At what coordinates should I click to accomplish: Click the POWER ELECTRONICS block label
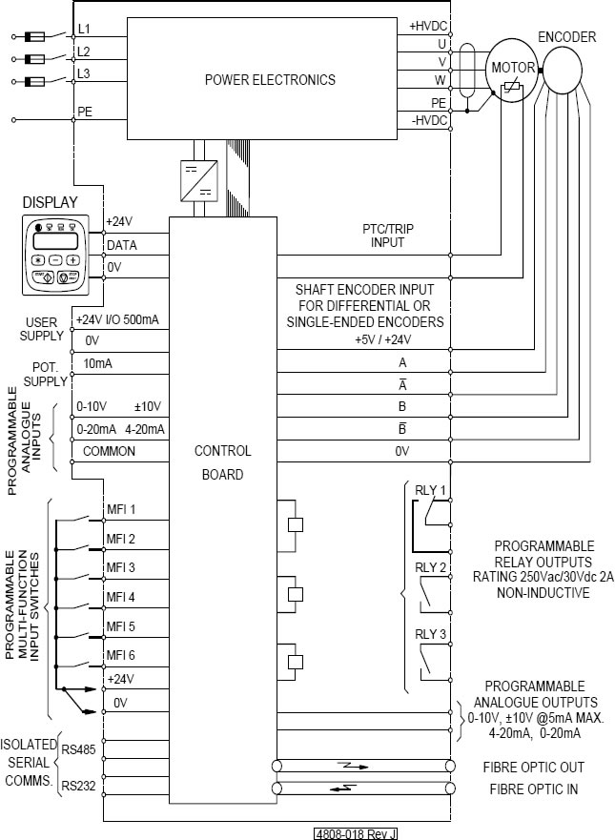point(270,80)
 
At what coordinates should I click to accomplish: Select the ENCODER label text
point(566,37)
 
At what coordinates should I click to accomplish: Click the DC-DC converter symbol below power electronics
point(198,180)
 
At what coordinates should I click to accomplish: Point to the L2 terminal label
point(84,51)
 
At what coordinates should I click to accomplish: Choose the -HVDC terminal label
point(429,120)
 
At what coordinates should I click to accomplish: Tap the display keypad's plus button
point(72,260)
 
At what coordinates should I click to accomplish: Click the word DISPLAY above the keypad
point(51,202)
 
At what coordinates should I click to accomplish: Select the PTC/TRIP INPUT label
point(388,236)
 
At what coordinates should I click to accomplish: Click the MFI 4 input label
point(120,597)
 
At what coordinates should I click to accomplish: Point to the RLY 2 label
point(430,567)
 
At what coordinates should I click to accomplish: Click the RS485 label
point(79,748)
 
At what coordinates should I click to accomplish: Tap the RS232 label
point(79,786)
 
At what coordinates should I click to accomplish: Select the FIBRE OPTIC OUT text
point(534,768)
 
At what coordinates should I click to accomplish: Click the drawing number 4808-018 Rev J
point(356,834)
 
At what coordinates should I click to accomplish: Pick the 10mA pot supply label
point(98,364)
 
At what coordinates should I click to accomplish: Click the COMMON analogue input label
point(110,451)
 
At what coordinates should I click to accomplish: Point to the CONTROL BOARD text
point(223,462)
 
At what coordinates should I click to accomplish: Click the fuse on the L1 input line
point(35,36)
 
